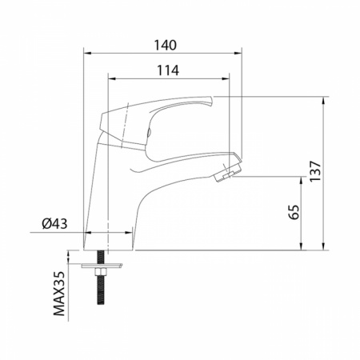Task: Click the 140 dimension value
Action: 166,46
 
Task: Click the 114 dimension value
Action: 168,70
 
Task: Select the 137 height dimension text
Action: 315,171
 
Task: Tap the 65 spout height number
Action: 294,212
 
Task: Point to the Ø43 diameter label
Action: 54,223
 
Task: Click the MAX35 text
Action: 59,294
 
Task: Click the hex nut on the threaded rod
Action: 101,272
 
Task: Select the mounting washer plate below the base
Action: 102,266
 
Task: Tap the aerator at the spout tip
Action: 227,173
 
